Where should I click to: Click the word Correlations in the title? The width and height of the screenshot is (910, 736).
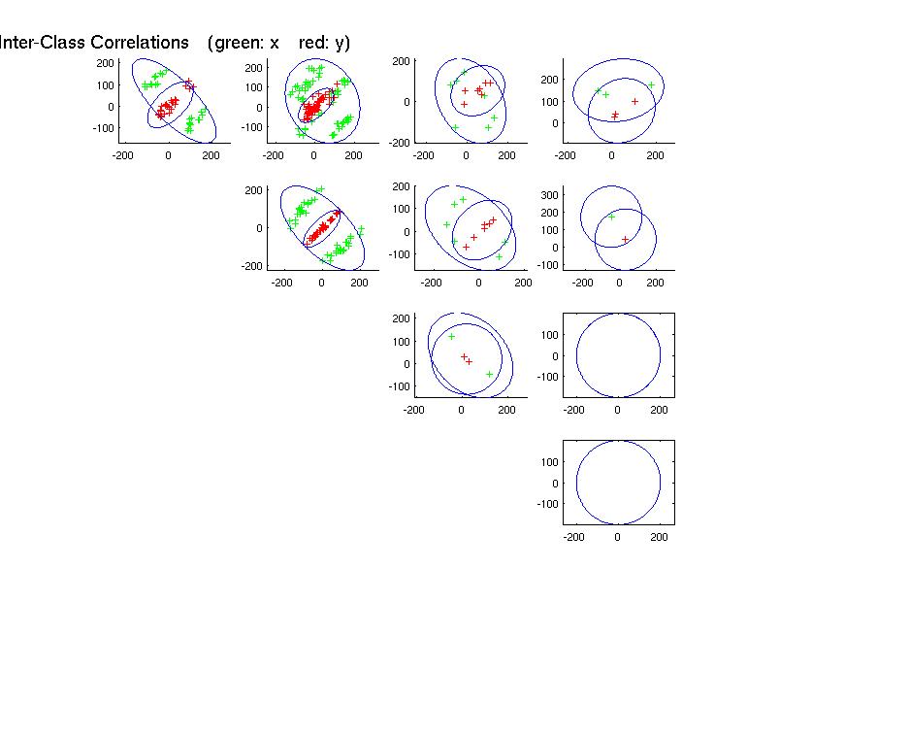(139, 43)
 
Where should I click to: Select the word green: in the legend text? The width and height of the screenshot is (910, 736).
(243, 43)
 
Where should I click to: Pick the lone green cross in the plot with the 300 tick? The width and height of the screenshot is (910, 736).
(612, 217)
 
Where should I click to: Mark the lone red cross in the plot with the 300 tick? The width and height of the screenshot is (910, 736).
(625, 239)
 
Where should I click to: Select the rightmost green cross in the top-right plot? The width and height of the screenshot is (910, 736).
(651, 85)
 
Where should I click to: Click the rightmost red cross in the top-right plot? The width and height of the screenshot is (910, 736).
(635, 101)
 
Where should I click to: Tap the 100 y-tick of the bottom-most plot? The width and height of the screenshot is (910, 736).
(550, 462)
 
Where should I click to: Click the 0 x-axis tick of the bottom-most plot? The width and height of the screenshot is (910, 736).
(618, 537)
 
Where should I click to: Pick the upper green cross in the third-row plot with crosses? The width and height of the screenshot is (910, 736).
(451, 337)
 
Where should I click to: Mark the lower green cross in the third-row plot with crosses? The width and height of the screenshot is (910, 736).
(490, 374)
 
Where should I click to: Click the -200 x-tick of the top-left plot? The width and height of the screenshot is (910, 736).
(123, 155)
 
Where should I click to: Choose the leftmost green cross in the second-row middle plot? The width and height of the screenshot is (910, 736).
(447, 224)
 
